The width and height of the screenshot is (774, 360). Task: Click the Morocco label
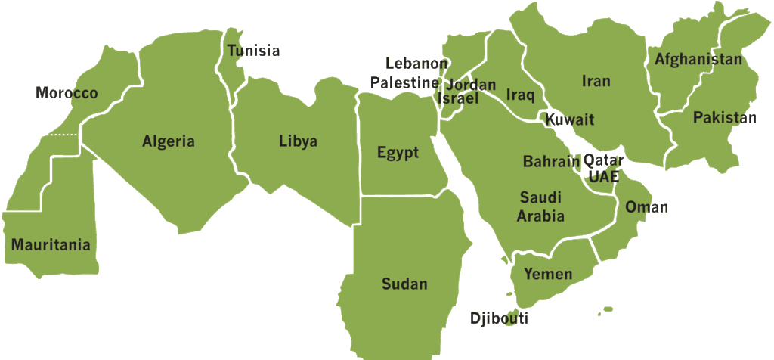click(67, 94)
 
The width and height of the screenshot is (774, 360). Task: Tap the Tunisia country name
click(253, 51)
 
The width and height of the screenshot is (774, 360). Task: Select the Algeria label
click(169, 141)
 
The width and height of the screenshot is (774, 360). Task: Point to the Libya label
click(298, 141)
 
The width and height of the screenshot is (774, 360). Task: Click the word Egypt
click(398, 154)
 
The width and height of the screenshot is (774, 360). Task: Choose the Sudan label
click(404, 284)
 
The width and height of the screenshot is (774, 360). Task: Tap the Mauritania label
click(51, 245)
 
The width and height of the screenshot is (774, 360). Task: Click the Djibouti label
click(499, 318)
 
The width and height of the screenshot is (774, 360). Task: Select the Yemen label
click(548, 274)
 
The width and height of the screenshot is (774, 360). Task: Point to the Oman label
click(646, 207)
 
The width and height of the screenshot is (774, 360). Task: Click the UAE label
click(603, 176)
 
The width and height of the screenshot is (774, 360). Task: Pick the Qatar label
click(603, 161)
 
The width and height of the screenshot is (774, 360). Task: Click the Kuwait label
click(570, 119)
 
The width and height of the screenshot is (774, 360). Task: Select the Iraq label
click(520, 95)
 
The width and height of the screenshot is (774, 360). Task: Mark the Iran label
click(596, 81)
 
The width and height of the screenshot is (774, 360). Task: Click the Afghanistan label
click(698, 59)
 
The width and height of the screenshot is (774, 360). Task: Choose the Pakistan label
click(724, 118)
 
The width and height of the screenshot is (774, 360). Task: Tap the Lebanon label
click(416, 64)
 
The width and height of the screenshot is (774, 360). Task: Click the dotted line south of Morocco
click(63, 135)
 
